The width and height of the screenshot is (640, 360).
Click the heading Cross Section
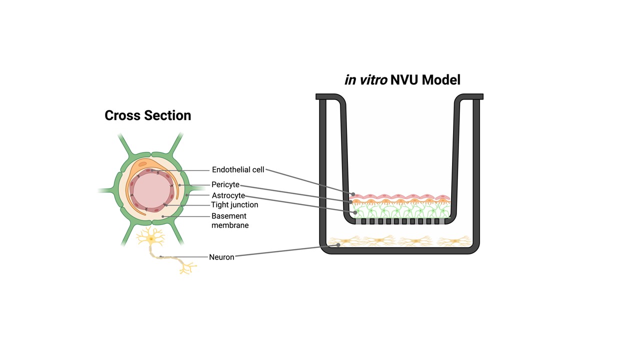[147, 115]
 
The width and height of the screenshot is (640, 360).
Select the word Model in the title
[440, 79]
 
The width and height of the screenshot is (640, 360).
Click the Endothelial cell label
[237, 170]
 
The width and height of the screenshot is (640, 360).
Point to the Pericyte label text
[225, 185]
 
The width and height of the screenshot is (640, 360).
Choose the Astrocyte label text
[228, 195]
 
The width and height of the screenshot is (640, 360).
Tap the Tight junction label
[234, 205]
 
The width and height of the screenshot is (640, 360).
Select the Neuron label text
[221, 257]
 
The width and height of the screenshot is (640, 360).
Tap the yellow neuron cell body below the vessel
[151, 239]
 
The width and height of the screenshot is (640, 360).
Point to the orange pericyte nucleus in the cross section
[142, 164]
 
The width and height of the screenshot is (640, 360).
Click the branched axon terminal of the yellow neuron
[187, 269]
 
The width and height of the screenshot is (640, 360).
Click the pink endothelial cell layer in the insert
[400, 196]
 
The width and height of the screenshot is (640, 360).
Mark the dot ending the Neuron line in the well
[338, 244]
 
